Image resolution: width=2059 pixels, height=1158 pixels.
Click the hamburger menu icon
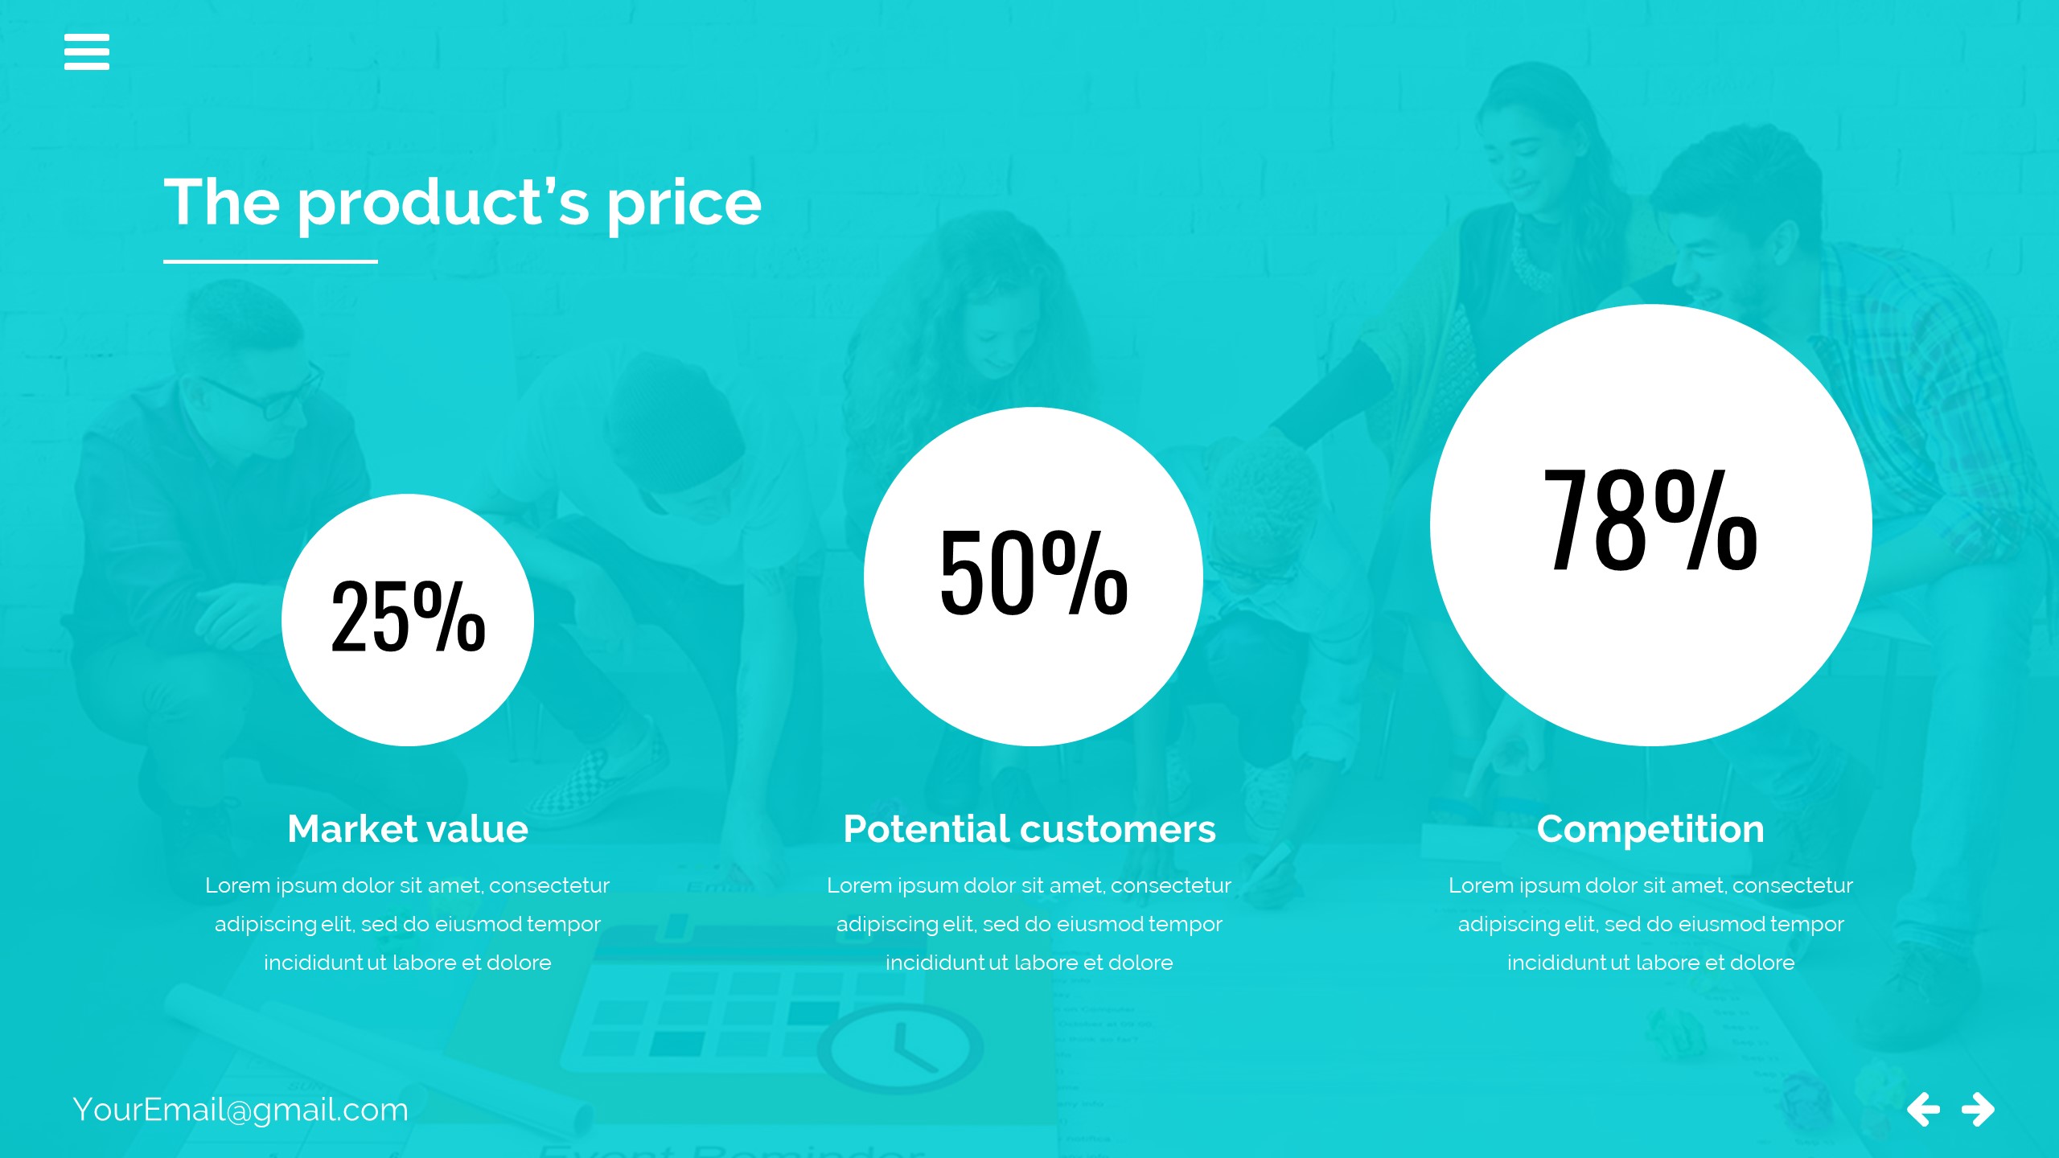pyautogui.click(x=87, y=51)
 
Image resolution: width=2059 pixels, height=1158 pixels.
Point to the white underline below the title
pyautogui.click(x=270, y=261)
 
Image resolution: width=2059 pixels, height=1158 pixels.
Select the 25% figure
pyautogui.click(x=408, y=616)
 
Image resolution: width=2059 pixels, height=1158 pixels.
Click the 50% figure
pyautogui.click(x=1034, y=573)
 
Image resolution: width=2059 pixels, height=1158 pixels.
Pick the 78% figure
pyautogui.click(x=1650, y=520)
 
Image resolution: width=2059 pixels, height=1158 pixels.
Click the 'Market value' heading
pyautogui.click(x=408, y=829)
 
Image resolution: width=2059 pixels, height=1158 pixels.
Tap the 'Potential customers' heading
pyautogui.click(x=1029, y=829)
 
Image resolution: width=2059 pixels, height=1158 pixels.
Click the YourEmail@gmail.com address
pyautogui.click(x=240, y=1111)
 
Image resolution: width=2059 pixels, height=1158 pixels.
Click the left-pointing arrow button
pyautogui.click(x=1923, y=1110)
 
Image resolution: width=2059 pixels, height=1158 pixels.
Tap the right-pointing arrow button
pyautogui.click(x=1979, y=1110)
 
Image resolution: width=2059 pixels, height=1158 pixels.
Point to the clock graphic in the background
pyautogui.click(x=901, y=1048)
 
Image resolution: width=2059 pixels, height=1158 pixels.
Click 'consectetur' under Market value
pyautogui.click(x=549, y=885)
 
